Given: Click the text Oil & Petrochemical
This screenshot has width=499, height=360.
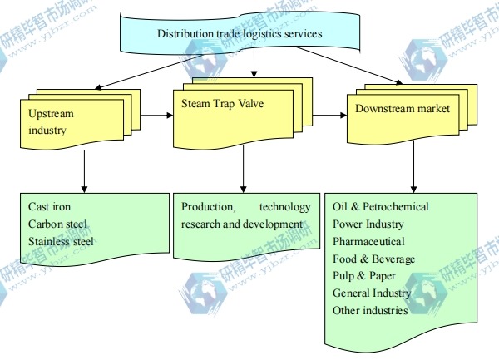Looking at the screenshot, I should [x=380, y=207].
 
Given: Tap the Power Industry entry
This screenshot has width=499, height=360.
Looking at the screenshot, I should [x=368, y=224].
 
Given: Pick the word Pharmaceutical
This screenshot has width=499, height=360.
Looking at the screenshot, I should [x=368, y=242].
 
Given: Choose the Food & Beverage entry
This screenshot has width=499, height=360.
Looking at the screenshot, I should [x=373, y=259].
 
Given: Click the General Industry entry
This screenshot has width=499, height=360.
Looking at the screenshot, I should [x=372, y=293].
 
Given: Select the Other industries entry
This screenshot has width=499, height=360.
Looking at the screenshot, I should [x=370, y=311].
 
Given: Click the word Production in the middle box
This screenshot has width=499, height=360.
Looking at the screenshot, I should [x=207, y=207].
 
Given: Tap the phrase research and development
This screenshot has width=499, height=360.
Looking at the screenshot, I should [x=241, y=224].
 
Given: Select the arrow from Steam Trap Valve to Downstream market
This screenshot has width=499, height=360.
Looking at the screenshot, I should [x=328, y=115].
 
